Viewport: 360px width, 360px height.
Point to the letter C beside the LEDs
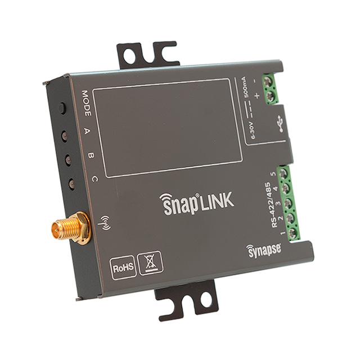click(94, 178)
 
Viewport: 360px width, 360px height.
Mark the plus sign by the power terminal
click(257, 97)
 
